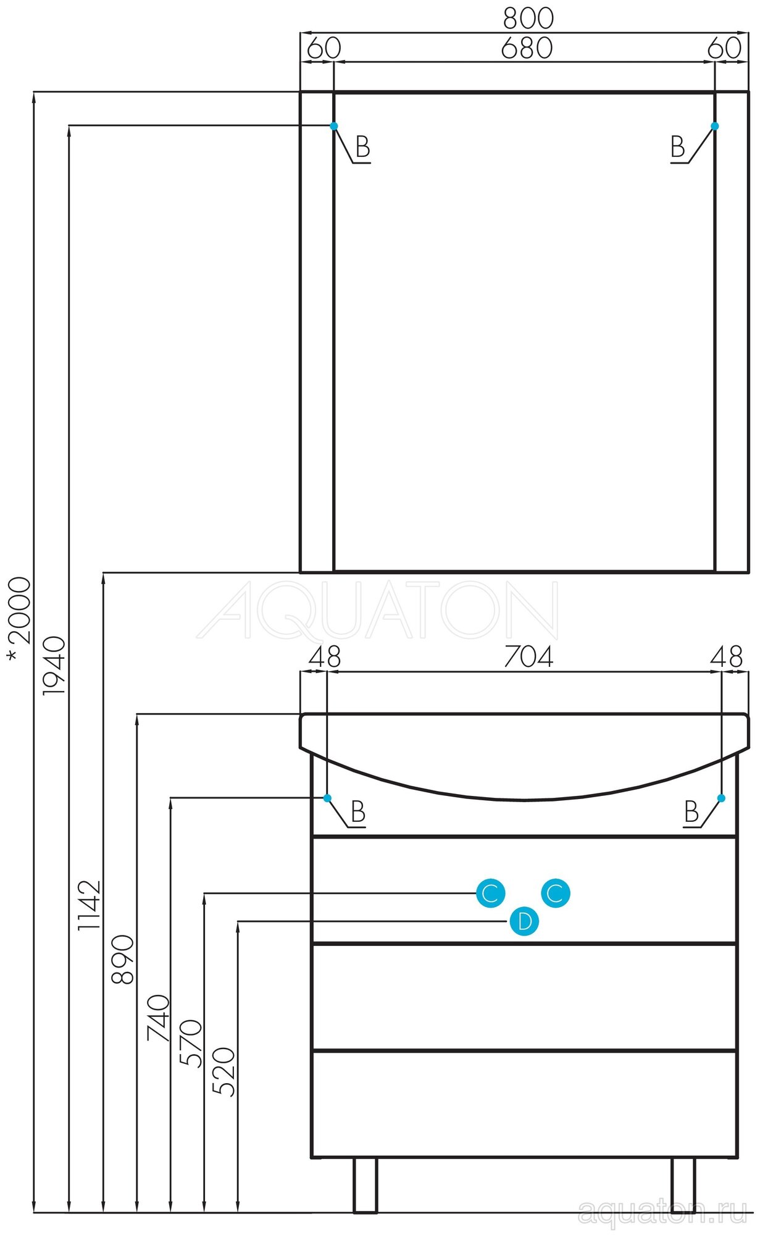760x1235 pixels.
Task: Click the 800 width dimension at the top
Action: [528, 19]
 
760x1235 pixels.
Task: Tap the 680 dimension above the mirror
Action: [526, 48]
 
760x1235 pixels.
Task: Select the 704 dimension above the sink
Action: [528, 657]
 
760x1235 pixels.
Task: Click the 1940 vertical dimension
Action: [54, 667]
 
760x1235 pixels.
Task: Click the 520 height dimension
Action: [224, 1072]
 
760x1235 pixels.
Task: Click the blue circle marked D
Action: [524, 922]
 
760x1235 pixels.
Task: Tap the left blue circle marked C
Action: [490, 893]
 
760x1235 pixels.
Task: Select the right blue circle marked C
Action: [556, 893]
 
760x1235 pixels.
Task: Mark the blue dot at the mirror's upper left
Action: [334, 126]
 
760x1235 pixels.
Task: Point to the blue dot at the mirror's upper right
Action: [715, 126]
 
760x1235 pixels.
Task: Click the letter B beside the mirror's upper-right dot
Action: [678, 148]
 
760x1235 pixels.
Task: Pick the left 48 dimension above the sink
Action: [325, 657]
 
